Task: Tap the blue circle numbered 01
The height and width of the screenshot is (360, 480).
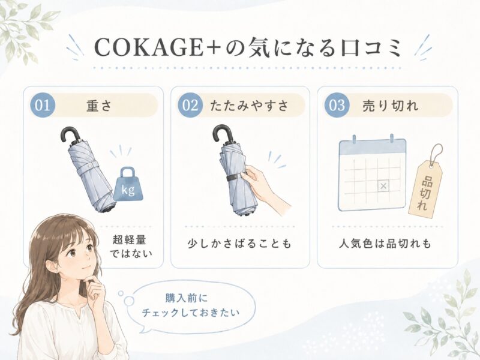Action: (42, 105)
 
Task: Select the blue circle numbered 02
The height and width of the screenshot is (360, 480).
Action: (190, 105)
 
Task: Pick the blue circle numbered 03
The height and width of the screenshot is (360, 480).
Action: (337, 105)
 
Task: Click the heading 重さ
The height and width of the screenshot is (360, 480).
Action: (100, 106)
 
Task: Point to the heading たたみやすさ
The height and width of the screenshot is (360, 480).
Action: (249, 106)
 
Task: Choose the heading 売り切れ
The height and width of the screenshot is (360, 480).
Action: (391, 106)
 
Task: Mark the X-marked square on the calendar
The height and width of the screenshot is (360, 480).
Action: (383, 185)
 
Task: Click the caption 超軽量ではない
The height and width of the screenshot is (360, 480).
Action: (131, 246)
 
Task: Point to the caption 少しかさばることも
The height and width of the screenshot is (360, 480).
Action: (239, 244)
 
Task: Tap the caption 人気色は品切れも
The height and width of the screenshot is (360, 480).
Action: (385, 244)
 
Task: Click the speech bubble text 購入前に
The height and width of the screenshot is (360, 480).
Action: (187, 298)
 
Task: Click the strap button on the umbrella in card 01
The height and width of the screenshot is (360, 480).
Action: (91, 166)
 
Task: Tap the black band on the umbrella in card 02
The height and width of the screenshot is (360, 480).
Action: (236, 177)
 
